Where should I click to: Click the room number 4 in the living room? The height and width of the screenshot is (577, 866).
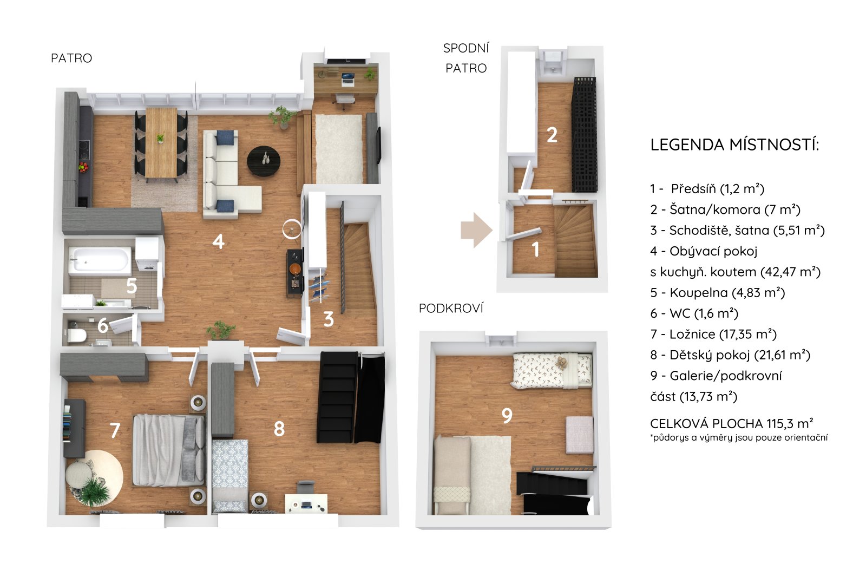pyautogui.click(x=219, y=242)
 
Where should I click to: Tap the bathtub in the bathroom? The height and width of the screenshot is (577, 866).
pyautogui.click(x=99, y=261)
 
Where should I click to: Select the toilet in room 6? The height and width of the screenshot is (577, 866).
pyautogui.click(x=76, y=335)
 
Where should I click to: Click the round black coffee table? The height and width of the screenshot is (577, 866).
pyautogui.click(x=264, y=161)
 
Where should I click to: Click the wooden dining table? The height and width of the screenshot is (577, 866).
pyautogui.click(x=161, y=143)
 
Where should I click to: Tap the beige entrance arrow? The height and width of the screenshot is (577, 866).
pyautogui.click(x=476, y=230)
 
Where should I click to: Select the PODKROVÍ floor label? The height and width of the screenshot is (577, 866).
pyautogui.click(x=451, y=308)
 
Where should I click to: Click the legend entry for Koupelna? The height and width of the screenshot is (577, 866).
pyautogui.click(x=718, y=293)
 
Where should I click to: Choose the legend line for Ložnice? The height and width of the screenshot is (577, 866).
pyautogui.click(x=713, y=334)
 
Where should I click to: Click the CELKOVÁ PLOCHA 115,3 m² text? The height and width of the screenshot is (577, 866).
pyautogui.click(x=731, y=423)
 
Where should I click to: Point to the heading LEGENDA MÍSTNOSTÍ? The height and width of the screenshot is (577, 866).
pyautogui.click(x=734, y=145)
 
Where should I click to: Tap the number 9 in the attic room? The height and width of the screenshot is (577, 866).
pyautogui.click(x=507, y=416)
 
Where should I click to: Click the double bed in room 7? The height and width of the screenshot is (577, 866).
pyautogui.click(x=169, y=450)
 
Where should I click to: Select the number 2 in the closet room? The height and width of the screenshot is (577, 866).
pyautogui.click(x=552, y=135)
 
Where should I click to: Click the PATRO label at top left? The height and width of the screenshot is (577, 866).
pyautogui.click(x=71, y=58)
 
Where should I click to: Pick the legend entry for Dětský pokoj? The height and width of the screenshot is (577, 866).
pyautogui.click(x=730, y=355)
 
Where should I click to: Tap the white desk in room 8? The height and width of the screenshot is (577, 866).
pyautogui.click(x=306, y=503)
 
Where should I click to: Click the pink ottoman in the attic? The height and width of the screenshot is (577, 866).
pyautogui.click(x=580, y=435)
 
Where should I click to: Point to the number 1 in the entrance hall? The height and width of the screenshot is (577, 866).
pyautogui.click(x=535, y=250)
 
